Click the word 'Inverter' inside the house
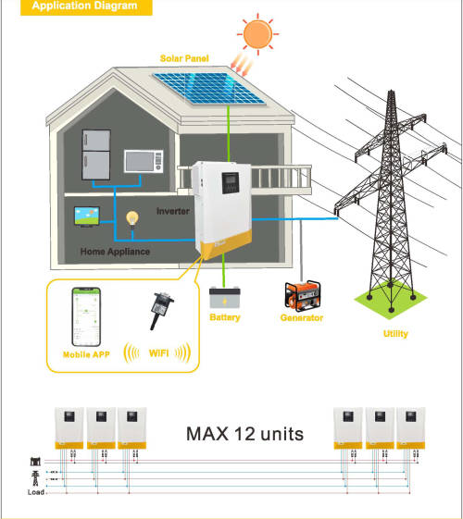tap(173, 211)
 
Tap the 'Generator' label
tap(302, 318)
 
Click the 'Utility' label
tap(394, 334)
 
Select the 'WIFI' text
tap(157, 353)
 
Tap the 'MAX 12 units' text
tap(244, 433)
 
